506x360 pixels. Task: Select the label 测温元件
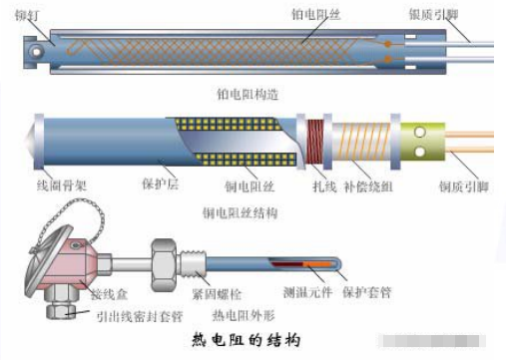pyautogui.click(x=303, y=295)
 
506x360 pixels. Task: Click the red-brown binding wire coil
pyautogui.click(x=318, y=142)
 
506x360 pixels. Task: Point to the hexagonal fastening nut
pyautogui.click(x=163, y=262)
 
